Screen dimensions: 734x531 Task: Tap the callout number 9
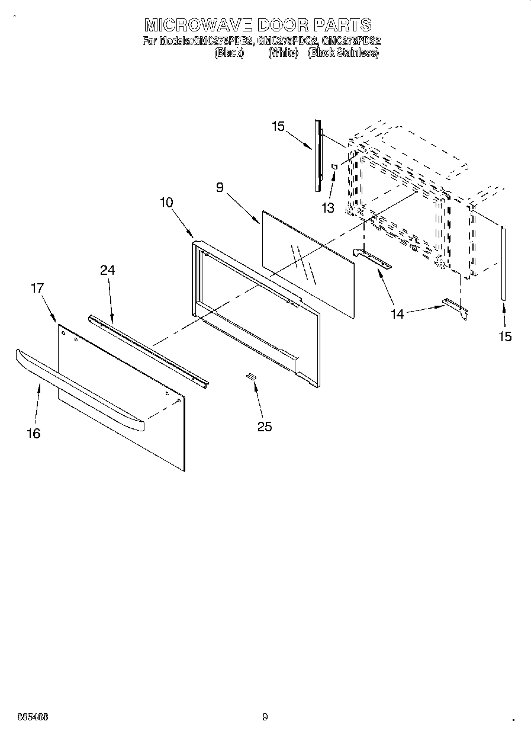pyautogui.click(x=220, y=188)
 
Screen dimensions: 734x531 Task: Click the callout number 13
pyautogui.click(x=327, y=208)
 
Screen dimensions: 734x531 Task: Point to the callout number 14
pyautogui.click(x=397, y=314)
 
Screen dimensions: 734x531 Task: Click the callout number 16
pyautogui.click(x=34, y=433)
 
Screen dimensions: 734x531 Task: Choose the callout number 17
pyautogui.click(x=37, y=289)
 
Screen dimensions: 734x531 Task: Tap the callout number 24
pyautogui.click(x=107, y=270)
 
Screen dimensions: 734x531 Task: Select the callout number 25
pyautogui.click(x=265, y=426)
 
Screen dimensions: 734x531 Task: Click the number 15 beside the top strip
pyautogui.click(x=278, y=126)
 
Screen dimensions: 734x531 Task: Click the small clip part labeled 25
pyautogui.click(x=252, y=377)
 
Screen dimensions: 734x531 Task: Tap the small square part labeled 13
pyautogui.click(x=334, y=167)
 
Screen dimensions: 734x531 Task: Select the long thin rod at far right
pyautogui.click(x=503, y=264)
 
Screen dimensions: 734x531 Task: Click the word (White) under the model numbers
pyautogui.click(x=283, y=53)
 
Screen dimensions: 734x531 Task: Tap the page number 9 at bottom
pyautogui.click(x=265, y=717)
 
